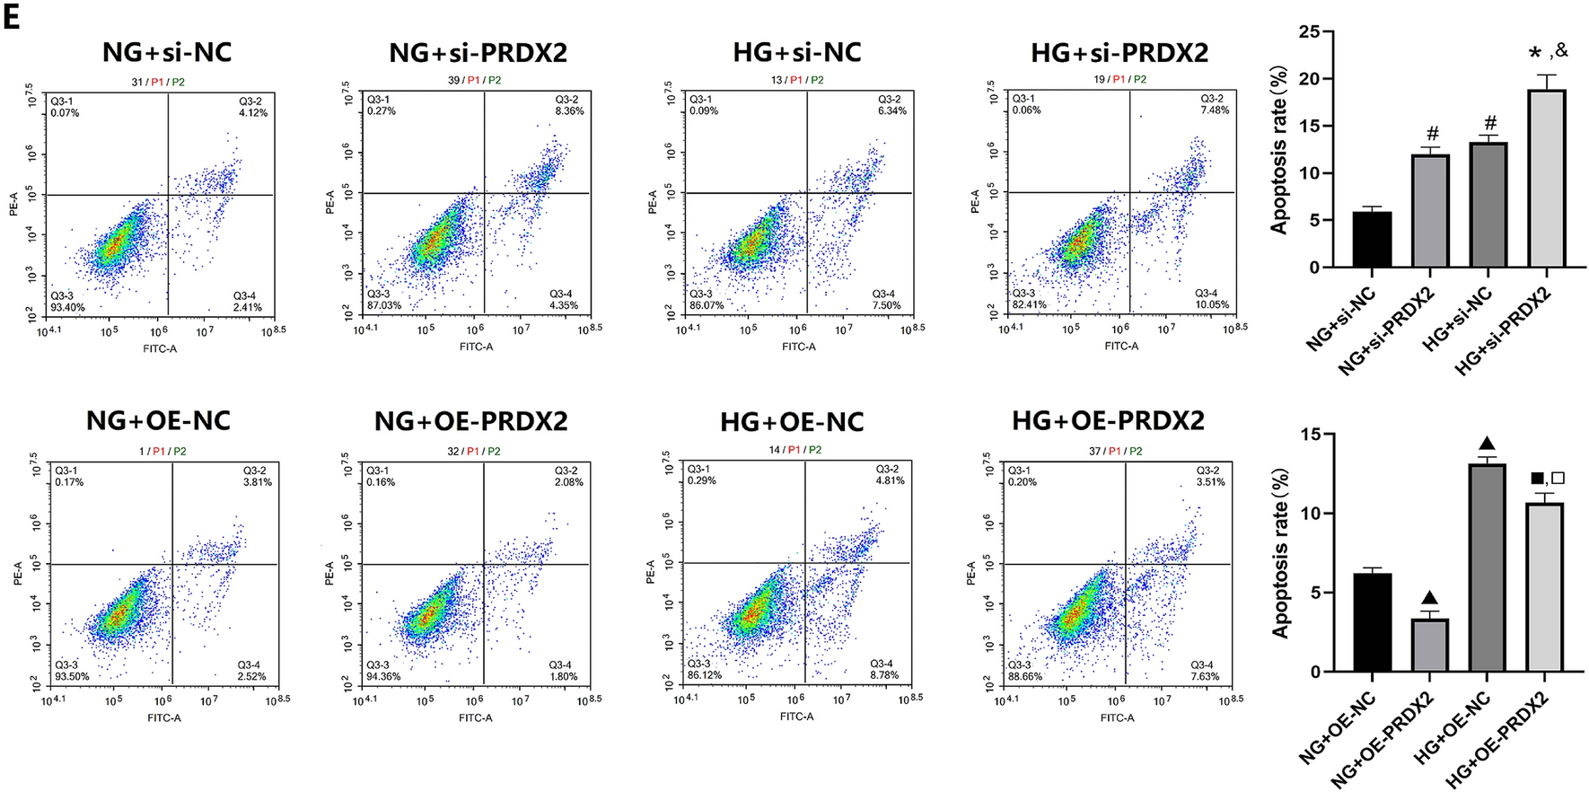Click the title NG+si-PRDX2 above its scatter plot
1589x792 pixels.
pos(478,52)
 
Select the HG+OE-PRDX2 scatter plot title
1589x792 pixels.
pos(1108,421)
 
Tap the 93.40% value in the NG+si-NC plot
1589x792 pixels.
pos(67,307)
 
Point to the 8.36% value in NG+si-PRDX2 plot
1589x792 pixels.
pos(569,111)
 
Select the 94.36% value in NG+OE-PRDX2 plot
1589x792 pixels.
pos(383,676)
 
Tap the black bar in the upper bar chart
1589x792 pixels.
pos(1372,240)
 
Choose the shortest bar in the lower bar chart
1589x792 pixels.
pos(1429,645)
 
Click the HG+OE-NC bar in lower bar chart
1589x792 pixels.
pos(1487,568)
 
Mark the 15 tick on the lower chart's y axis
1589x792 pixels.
pos(1310,435)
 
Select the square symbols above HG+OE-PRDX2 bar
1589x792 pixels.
pos(1547,479)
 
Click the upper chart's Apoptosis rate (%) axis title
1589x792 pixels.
pos(1279,150)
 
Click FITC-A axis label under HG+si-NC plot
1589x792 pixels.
pos(798,347)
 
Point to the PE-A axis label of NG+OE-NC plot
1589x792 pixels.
pos(18,573)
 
